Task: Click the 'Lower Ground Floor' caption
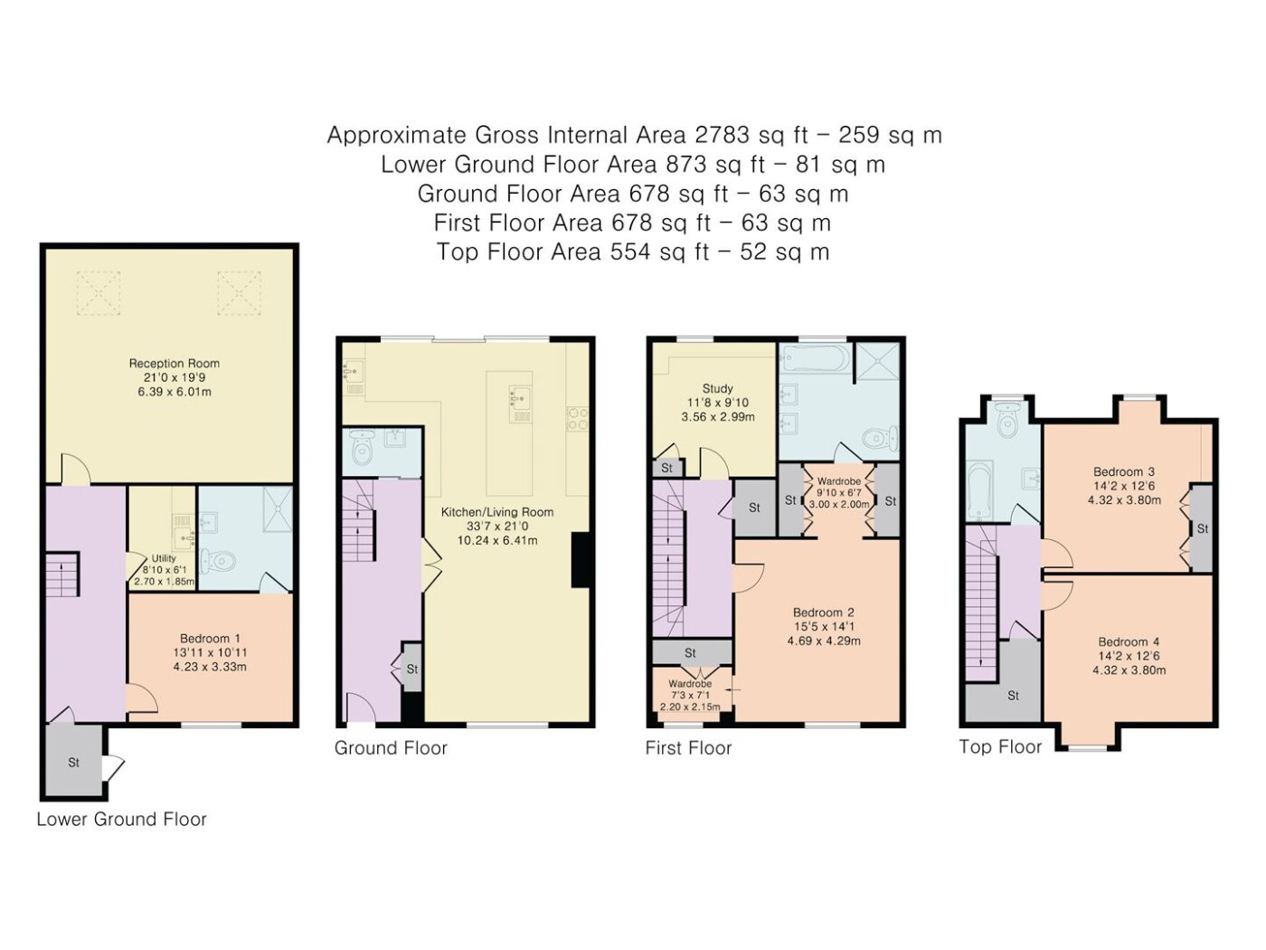coord(122,819)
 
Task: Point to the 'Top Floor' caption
coord(1000,747)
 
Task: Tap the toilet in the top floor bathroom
coord(1007,422)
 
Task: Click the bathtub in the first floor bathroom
coord(814,357)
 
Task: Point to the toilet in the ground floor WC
coord(363,446)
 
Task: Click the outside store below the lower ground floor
coord(74,762)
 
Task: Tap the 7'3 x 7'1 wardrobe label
coord(690,695)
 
